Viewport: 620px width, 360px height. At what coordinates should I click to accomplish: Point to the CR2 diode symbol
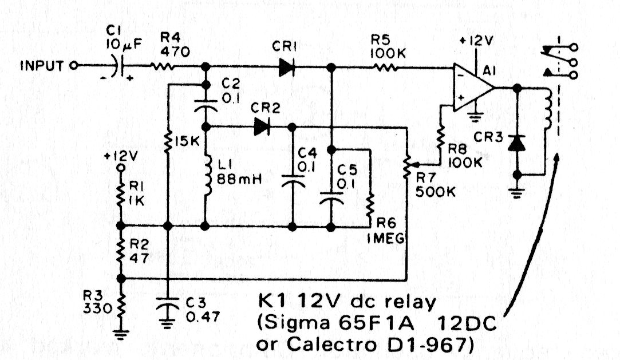pos(262,126)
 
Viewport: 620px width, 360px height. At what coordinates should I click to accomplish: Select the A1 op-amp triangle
pos(473,88)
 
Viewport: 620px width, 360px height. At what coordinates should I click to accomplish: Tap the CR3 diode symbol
pos(518,143)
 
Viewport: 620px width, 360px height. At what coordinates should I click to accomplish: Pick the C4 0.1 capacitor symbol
pos(293,183)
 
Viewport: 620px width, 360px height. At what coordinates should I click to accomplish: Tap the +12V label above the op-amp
pos(476,42)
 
